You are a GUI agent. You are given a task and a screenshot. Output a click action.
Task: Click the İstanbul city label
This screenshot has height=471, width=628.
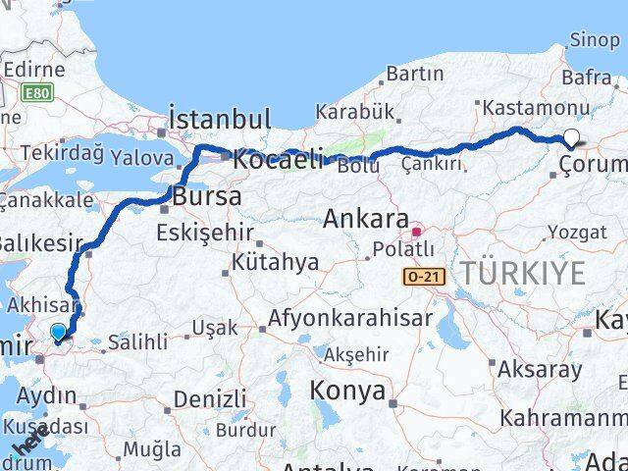(219, 120)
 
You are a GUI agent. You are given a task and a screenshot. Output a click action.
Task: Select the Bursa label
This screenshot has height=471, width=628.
(206, 196)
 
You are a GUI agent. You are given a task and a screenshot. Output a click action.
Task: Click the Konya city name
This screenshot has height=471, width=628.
(347, 391)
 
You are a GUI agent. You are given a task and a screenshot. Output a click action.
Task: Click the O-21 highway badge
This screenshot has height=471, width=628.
(424, 278)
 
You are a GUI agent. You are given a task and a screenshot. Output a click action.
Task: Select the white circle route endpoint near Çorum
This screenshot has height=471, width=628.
(571, 139)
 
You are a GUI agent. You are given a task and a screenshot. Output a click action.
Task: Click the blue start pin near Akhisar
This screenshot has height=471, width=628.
(59, 334)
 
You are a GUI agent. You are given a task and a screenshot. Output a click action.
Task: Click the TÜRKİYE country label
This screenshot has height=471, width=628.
(523, 273)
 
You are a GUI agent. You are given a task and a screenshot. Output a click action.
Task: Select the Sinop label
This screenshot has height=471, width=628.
(595, 40)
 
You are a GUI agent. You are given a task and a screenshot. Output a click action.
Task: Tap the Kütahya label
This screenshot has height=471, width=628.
(275, 262)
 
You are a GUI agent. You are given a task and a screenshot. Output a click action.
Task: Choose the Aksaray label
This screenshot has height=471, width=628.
(540, 370)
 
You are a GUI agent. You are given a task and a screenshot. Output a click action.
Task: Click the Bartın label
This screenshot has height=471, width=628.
(416, 74)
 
